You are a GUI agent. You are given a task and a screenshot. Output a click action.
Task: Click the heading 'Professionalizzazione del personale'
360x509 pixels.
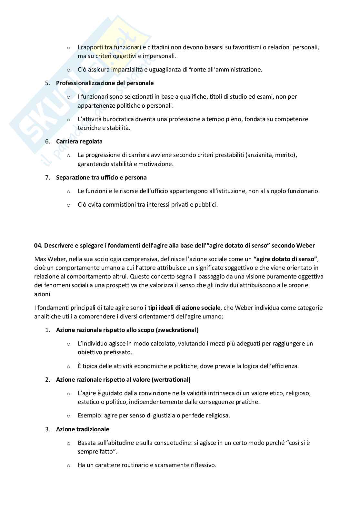coord(105,83)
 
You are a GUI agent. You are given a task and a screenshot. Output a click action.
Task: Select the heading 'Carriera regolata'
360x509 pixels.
coord(79,141)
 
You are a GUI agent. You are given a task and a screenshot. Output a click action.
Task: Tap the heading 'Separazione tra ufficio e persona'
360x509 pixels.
coord(101,177)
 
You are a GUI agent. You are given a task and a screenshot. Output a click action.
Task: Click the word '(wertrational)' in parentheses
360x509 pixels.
coord(171,379)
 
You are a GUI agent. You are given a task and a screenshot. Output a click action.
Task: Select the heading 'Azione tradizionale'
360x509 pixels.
coord(83,429)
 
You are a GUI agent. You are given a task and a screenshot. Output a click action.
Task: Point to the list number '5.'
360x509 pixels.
coord(48,83)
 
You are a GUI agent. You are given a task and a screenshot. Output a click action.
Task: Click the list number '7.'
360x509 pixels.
coord(48,177)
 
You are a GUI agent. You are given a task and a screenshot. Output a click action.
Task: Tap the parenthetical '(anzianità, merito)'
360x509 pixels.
coord(271,155)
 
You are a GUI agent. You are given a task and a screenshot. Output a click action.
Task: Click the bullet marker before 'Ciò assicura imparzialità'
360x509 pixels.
coord(68,70)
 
